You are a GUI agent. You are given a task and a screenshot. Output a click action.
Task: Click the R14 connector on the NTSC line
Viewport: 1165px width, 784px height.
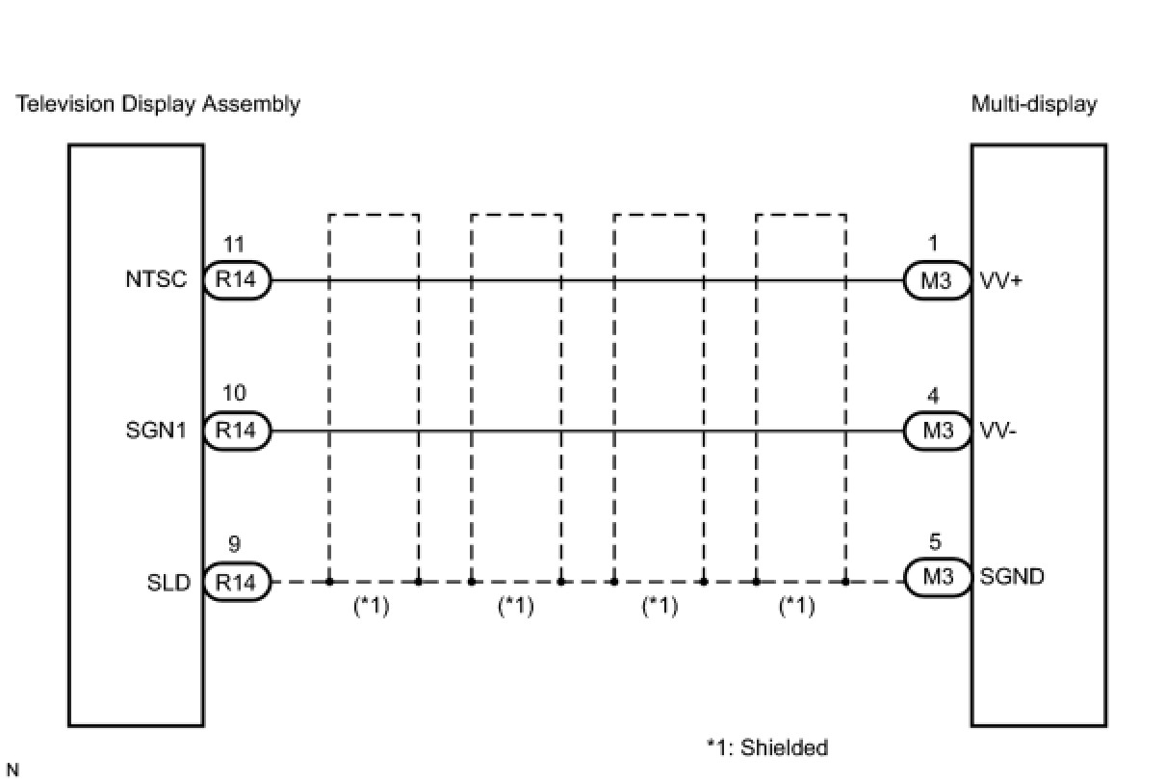click(236, 280)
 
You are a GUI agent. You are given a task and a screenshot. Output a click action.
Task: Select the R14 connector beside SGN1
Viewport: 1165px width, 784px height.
click(236, 431)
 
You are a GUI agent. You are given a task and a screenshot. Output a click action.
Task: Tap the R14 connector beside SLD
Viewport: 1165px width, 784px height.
click(236, 582)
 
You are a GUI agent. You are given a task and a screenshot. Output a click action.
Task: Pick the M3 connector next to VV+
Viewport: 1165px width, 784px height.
click(937, 280)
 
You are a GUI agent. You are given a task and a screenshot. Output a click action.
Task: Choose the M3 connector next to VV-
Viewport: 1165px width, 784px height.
click(937, 431)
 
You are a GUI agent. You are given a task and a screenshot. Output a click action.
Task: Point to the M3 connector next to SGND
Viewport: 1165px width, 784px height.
click(937, 578)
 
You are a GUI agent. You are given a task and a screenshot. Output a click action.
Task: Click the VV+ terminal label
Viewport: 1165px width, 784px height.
click(999, 281)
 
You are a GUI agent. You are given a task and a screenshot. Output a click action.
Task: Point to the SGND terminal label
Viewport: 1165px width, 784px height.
click(1012, 578)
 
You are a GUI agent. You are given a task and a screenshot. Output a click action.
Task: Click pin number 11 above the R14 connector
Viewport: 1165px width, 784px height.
click(234, 245)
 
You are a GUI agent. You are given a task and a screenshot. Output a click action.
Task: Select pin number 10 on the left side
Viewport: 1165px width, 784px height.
click(234, 394)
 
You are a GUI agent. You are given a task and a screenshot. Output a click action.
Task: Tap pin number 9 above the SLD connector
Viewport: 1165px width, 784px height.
click(234, 545)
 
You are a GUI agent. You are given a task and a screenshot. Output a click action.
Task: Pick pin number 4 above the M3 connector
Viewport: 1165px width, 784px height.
click(935, 395)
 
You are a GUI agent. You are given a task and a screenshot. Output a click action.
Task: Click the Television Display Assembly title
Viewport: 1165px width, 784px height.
click(158, 104)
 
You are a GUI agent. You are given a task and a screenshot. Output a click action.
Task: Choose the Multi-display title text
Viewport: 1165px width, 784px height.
click(1034, 104)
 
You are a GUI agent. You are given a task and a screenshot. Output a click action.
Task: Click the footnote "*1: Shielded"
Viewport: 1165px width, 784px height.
click(766, 747)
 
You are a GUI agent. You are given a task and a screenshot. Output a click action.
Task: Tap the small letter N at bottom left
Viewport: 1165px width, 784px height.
click(13, 771)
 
